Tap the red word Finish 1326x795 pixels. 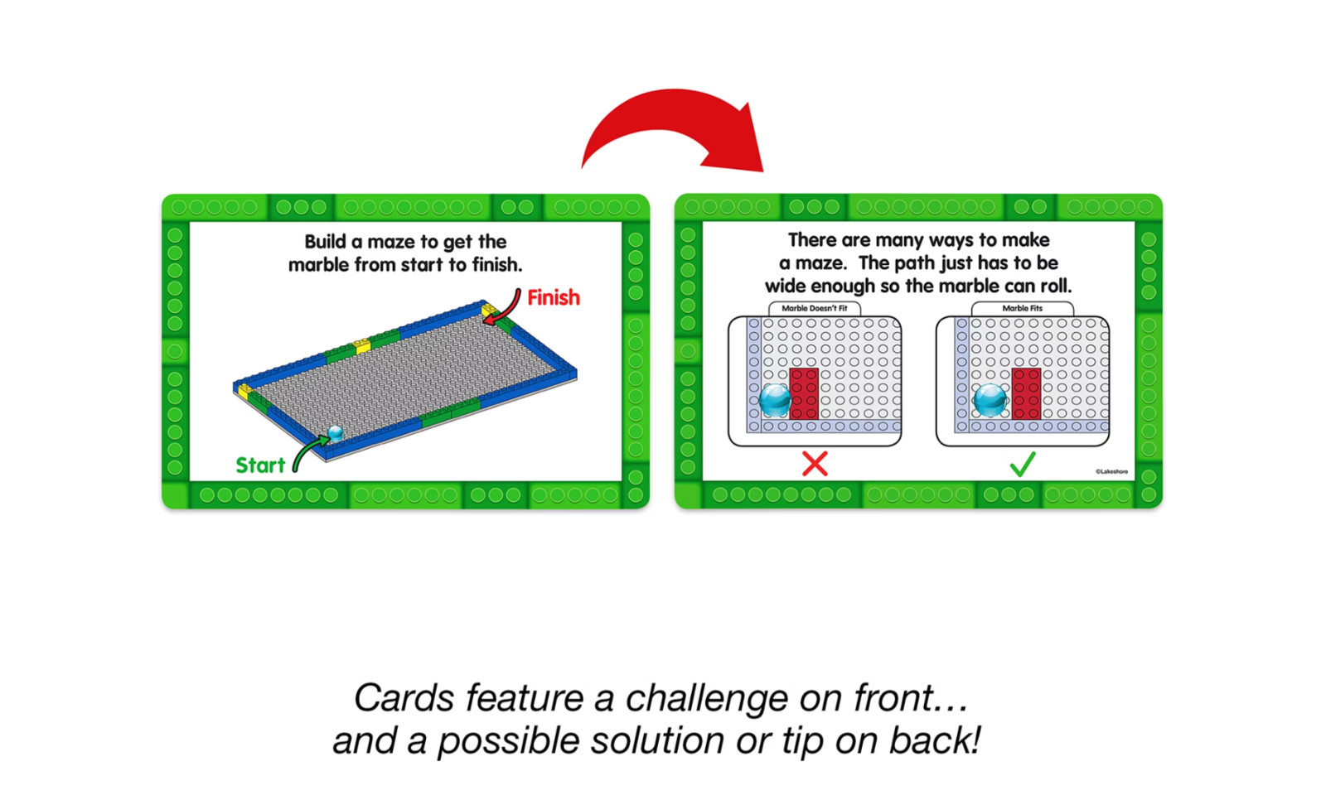(554, 297)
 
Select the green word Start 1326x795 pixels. (260, 465)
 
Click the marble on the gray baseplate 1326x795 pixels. (336, 433)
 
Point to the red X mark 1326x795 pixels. (815, 464)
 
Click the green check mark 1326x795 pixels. (1023, 465)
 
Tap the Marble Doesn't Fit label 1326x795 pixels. (815, 308)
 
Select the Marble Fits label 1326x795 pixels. (1023, 308)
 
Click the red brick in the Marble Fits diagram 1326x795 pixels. (1027, 394)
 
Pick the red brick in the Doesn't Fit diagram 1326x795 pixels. (805, 394)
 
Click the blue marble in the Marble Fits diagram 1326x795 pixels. (990, 401)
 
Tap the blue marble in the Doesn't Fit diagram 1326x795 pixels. (775, 401)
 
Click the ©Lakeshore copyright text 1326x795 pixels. (1111, 471)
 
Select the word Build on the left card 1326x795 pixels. (325, 241)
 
